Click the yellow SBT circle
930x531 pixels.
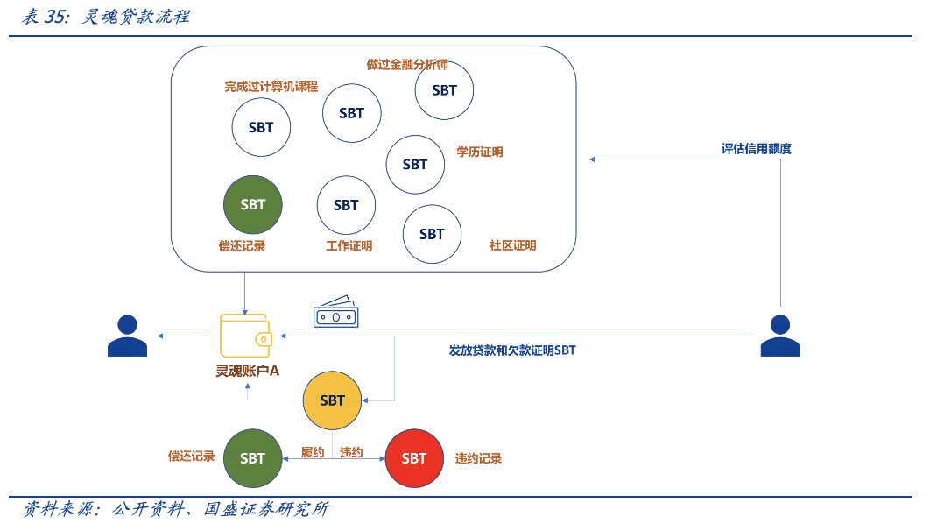tap(332, 400)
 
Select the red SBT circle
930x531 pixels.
tap(414, 458)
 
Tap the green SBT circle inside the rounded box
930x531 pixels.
tap(253, 205)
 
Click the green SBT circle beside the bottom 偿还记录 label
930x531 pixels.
tap(253, 458)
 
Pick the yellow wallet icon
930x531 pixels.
tap(245, 336)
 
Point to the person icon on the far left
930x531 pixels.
tap(127, 336)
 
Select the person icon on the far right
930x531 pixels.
tap(779, 336)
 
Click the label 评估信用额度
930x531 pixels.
tap(756, 149)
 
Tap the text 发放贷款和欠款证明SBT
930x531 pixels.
tap(512, 350)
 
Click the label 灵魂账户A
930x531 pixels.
tap(248, 371)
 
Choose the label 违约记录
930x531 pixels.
tap(478, 458)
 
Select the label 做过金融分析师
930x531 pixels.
tap(407, 65)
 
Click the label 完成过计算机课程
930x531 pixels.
tap(271, 87)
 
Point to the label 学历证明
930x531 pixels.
tap(480, 152)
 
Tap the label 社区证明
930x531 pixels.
tap(512, 245)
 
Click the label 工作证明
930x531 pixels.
tap(349, 246)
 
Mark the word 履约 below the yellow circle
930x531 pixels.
tap(313, 452)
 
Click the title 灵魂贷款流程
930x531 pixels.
tap(136, 17)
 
